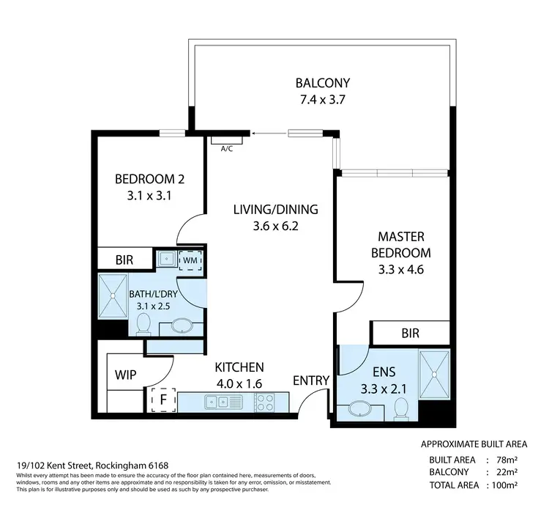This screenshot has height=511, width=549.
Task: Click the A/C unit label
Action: pyautogui.click(x=227, y=148)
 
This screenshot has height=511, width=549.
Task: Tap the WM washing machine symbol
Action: pyautogui.click(x=190, y=259)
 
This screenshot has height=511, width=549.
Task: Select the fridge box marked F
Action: pyautogui.click(x=163, y=400)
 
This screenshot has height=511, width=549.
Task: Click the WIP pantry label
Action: pyautogui.click(x=125, y=374)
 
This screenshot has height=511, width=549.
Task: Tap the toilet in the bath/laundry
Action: pyautogui.click(x=144, y=323)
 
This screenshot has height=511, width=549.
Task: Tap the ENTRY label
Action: pyautogui.click(x=310, y=381)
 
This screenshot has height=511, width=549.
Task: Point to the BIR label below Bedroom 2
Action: pyautogui.click(x=124, y=259)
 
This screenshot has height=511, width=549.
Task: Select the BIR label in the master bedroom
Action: pyautogui.click(x=411, y=333)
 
